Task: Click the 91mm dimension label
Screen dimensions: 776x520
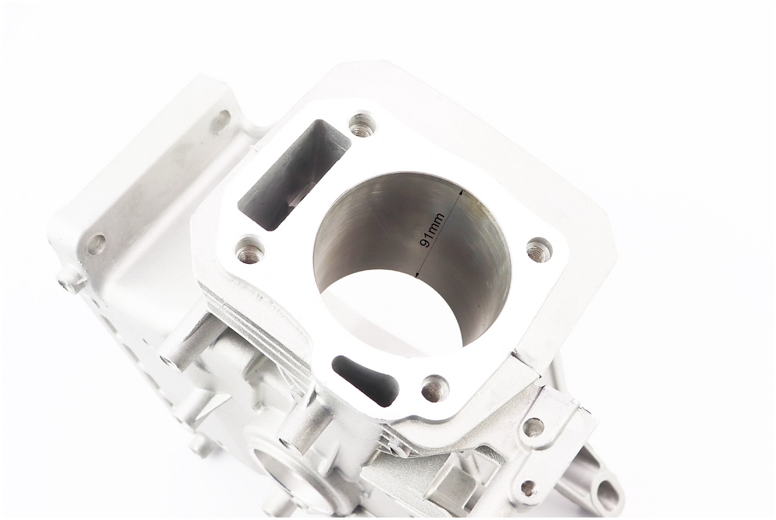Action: tap(432, 231)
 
